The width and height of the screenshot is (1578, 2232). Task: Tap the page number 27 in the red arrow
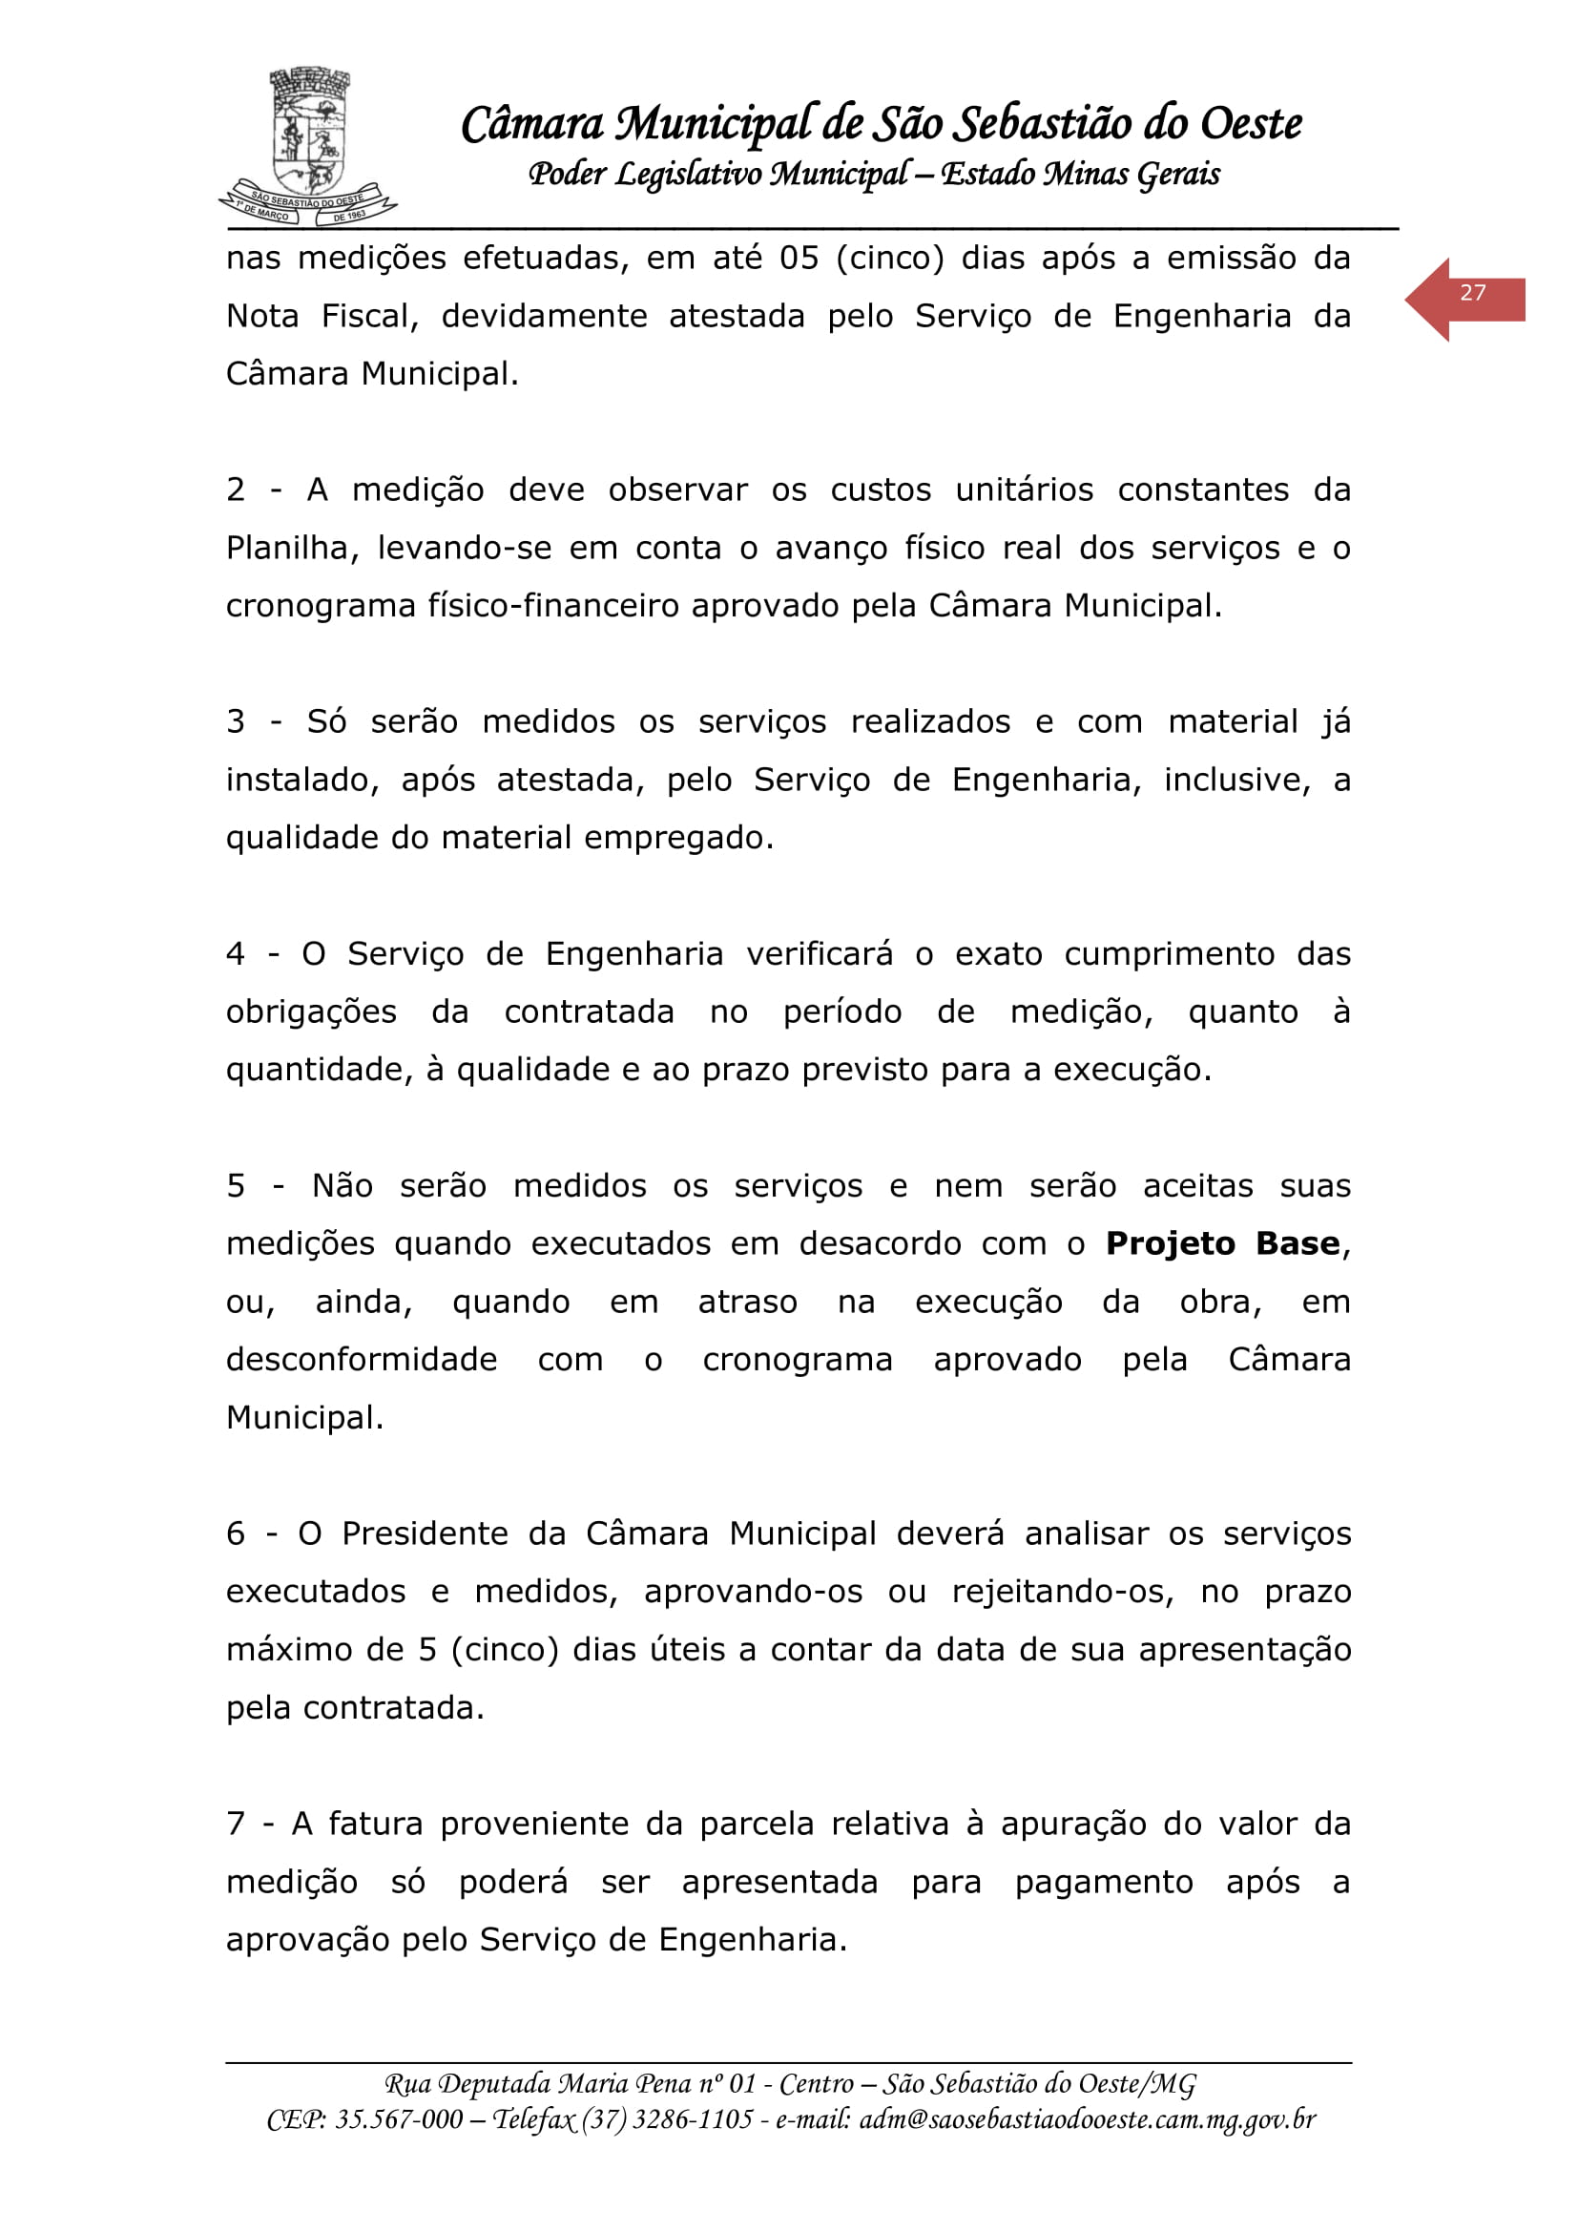coord(1472,294)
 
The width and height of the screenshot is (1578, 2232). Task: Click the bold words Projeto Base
coord(1222,1244)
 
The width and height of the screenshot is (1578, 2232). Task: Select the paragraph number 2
coord(236,490)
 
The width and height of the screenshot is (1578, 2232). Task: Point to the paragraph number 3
coord(236,722)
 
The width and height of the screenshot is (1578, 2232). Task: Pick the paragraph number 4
coord(236,954)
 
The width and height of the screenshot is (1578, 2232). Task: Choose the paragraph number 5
coord(236,1187)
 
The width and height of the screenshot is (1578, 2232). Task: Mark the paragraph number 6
coord(236,1534)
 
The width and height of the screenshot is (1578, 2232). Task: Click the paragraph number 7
coord(236,1825)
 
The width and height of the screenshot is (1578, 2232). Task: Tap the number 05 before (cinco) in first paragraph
coord(799,259)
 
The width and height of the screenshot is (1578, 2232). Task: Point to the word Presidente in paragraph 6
coord(425,1534)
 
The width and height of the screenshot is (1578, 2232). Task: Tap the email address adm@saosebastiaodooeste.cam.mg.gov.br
coord(1088,2120)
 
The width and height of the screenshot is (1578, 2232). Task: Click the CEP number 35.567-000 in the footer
coord(399,2120)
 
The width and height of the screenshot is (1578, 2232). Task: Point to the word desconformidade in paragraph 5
coord(362,1360)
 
